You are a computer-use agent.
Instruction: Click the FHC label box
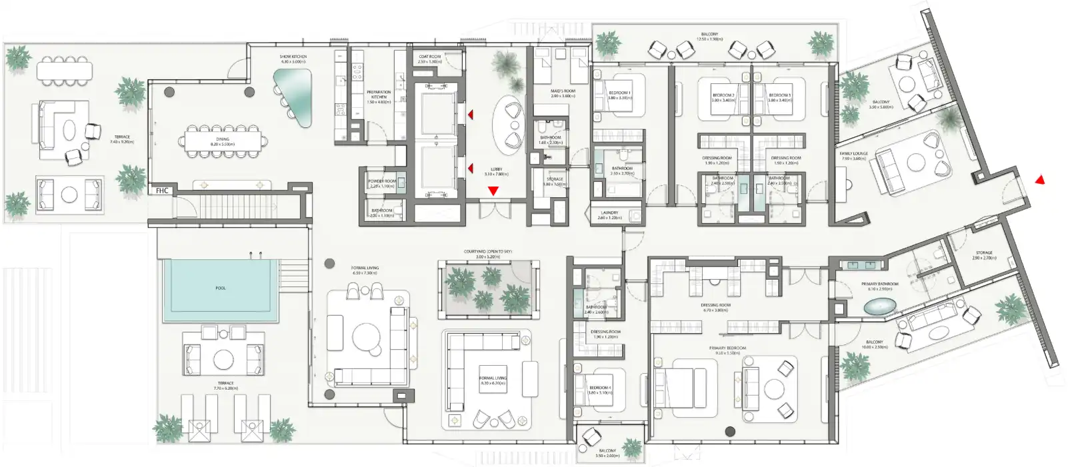click(162, 191)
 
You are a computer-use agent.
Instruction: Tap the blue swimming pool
click(221, 287)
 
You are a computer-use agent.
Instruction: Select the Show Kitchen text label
click(293, 59)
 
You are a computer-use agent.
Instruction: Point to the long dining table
click(223, 140)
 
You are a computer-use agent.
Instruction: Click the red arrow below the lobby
click(493, 191)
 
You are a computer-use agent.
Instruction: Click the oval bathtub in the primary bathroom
click(881, 307)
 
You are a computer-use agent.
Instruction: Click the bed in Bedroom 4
click(599, 392)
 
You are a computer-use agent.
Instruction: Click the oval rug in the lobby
click(509, 125)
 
